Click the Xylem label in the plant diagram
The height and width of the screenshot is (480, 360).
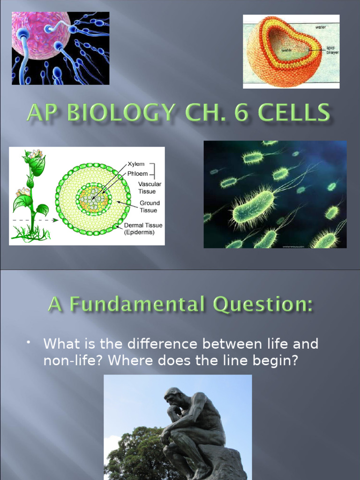click(136, 165)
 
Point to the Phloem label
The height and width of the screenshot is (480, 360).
click(138, 174)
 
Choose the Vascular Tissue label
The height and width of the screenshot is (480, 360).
click(150, 188)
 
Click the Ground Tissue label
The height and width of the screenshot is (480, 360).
click(149, 207)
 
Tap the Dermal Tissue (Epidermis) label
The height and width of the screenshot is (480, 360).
click(143, 229)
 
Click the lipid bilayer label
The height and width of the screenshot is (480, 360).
click(332, 50)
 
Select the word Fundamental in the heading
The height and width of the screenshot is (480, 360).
click(137, 305)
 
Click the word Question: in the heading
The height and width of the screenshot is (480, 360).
click(262, 305)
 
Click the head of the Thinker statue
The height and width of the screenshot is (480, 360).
click(174, 397)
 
